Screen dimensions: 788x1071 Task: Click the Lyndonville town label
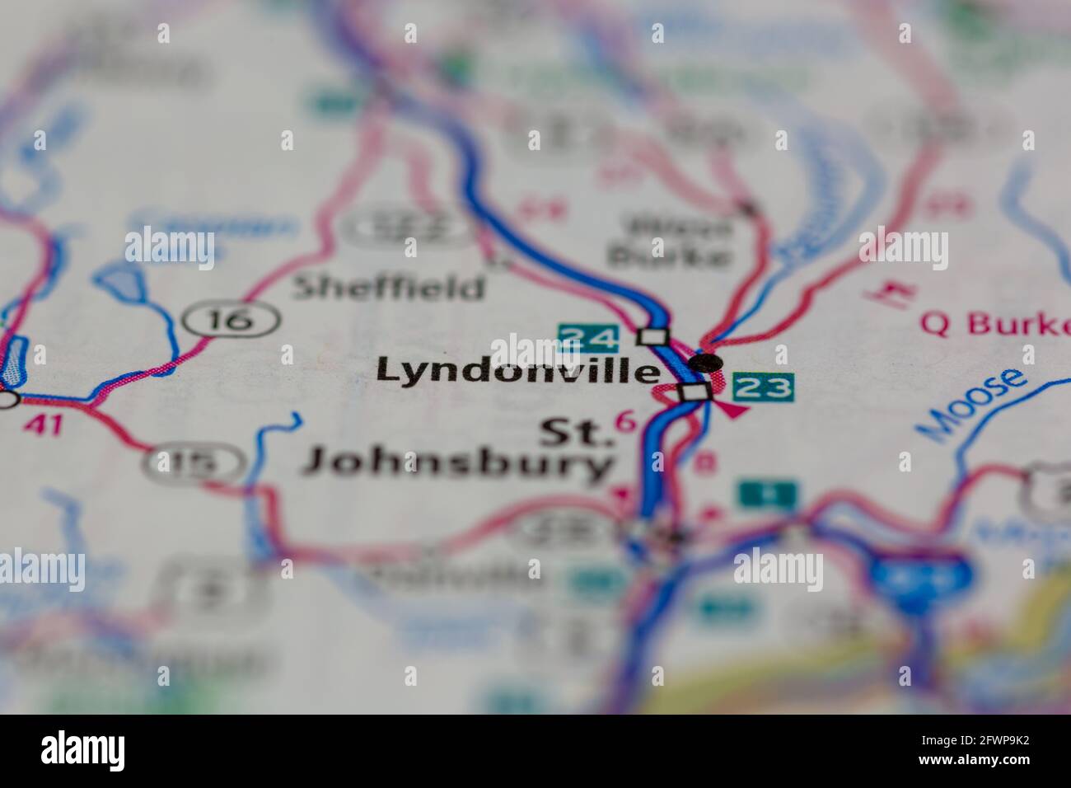tap(517, 372)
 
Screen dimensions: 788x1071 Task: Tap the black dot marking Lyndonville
tap(705, 362)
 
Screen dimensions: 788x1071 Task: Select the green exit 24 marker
tap(588, 337)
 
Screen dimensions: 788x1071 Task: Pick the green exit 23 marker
tap(763, 387)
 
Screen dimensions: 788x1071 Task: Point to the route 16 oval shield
tap(232, 319)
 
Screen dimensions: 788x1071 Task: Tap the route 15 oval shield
tap(194, 463)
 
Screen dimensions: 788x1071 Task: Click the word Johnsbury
tap(458, 464)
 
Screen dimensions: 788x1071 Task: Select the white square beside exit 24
tap(652, 336)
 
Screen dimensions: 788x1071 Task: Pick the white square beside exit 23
tap(695, 392)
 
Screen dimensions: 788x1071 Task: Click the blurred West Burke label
tap(668, 242)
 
